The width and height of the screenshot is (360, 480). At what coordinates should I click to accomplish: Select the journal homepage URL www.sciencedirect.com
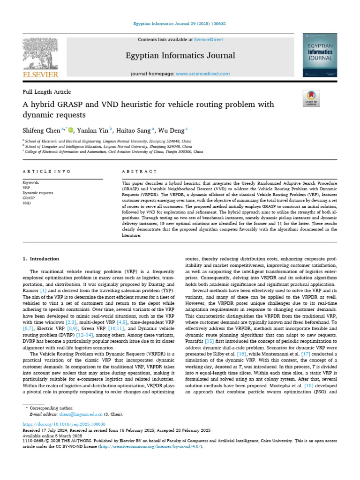click(203, 74)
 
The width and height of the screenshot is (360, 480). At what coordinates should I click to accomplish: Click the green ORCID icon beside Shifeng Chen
click(71, 130)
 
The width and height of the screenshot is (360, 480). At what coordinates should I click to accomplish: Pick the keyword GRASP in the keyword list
click(29, 198)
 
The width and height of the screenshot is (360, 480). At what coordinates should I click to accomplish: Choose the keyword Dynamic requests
click(38, 193)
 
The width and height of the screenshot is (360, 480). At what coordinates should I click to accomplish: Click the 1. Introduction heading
click(41, 259)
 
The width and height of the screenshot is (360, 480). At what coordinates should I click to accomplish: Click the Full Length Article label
click(47, 92)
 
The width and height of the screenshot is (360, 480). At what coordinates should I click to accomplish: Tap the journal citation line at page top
click(180, 23)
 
